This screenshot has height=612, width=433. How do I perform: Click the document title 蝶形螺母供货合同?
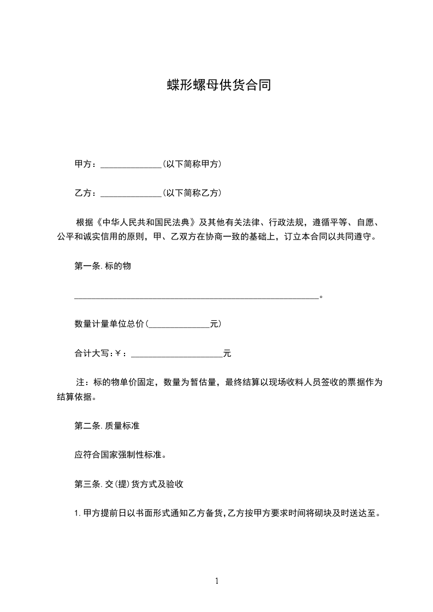click(218, 86)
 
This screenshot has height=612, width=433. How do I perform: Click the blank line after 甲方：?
click(131, 165)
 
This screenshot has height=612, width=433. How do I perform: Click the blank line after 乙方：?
click(131, 194)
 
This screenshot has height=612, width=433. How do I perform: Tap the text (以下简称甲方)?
click(192, 164)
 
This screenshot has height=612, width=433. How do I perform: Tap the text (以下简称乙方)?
click(192, 193)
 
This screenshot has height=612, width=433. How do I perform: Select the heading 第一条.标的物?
click(102, 266)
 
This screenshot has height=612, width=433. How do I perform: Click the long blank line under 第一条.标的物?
click(196, 298)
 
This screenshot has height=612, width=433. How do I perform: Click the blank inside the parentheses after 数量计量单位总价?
click(179, 325)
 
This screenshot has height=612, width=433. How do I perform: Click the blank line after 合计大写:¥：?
click(177, 355)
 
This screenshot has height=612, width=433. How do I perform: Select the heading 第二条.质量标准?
click(106, 426)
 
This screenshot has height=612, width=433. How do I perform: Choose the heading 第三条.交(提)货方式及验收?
click(132, 484)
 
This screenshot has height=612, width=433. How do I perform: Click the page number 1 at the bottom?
click(217, 581)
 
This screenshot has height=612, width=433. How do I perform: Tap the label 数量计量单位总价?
click(109, 324)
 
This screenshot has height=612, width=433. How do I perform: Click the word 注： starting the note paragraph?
click(83, 382)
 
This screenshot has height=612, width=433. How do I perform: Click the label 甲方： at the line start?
click(86, 164)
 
